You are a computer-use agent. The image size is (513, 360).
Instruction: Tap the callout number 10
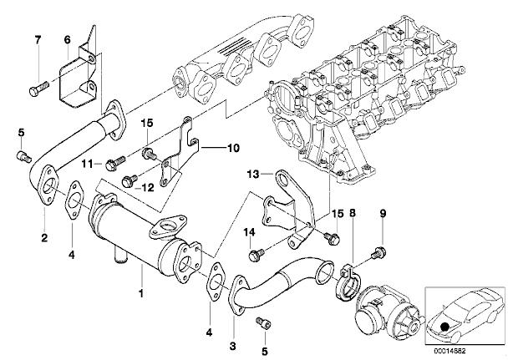click(233, 150)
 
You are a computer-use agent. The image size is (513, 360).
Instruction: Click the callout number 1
click(142, 295)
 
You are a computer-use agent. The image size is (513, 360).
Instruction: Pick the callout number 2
click(43, 237)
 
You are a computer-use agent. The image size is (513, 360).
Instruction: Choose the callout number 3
click(233, 344)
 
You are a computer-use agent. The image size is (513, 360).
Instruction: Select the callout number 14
click(247, 232)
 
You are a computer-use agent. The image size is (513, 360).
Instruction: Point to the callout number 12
click(148, 187)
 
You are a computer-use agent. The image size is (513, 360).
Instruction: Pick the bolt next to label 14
click(257, 249)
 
